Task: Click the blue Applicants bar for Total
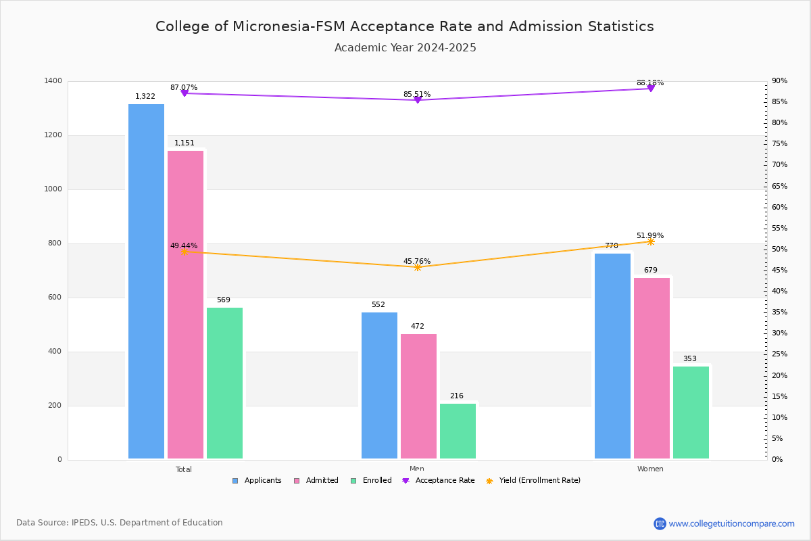(146, 281)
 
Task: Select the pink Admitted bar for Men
(418, 396)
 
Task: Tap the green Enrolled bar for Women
(691, 413)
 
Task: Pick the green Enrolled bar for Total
(224, 383)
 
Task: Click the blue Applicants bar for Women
(612, 356)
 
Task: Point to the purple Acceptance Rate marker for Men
(418, 100)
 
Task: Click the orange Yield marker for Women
(651, 241)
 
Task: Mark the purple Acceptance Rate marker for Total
(185, 93)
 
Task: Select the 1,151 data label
(185, 143)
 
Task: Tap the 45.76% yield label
(417, 261)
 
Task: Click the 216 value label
(457, 396)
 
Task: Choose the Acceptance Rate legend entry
(439, 481)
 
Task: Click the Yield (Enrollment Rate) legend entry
(533, 481)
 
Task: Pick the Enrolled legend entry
(371, 481)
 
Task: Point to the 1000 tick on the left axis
(53, 189)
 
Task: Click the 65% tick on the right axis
(779, 186)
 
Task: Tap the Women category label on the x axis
(650, 469)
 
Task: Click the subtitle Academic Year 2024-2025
(405, 48)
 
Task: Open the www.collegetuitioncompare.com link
(731, 523)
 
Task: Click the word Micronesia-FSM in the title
(289, 26)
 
